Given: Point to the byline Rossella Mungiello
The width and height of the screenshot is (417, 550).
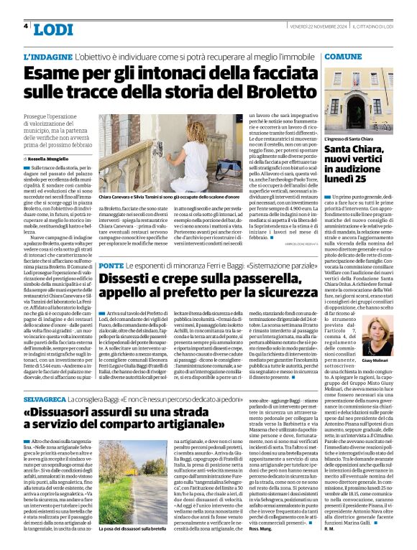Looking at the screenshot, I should click(50, 159).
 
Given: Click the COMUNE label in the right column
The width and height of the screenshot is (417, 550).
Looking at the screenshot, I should click(343, 55).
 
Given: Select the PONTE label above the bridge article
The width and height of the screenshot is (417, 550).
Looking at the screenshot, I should click(112, 246).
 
